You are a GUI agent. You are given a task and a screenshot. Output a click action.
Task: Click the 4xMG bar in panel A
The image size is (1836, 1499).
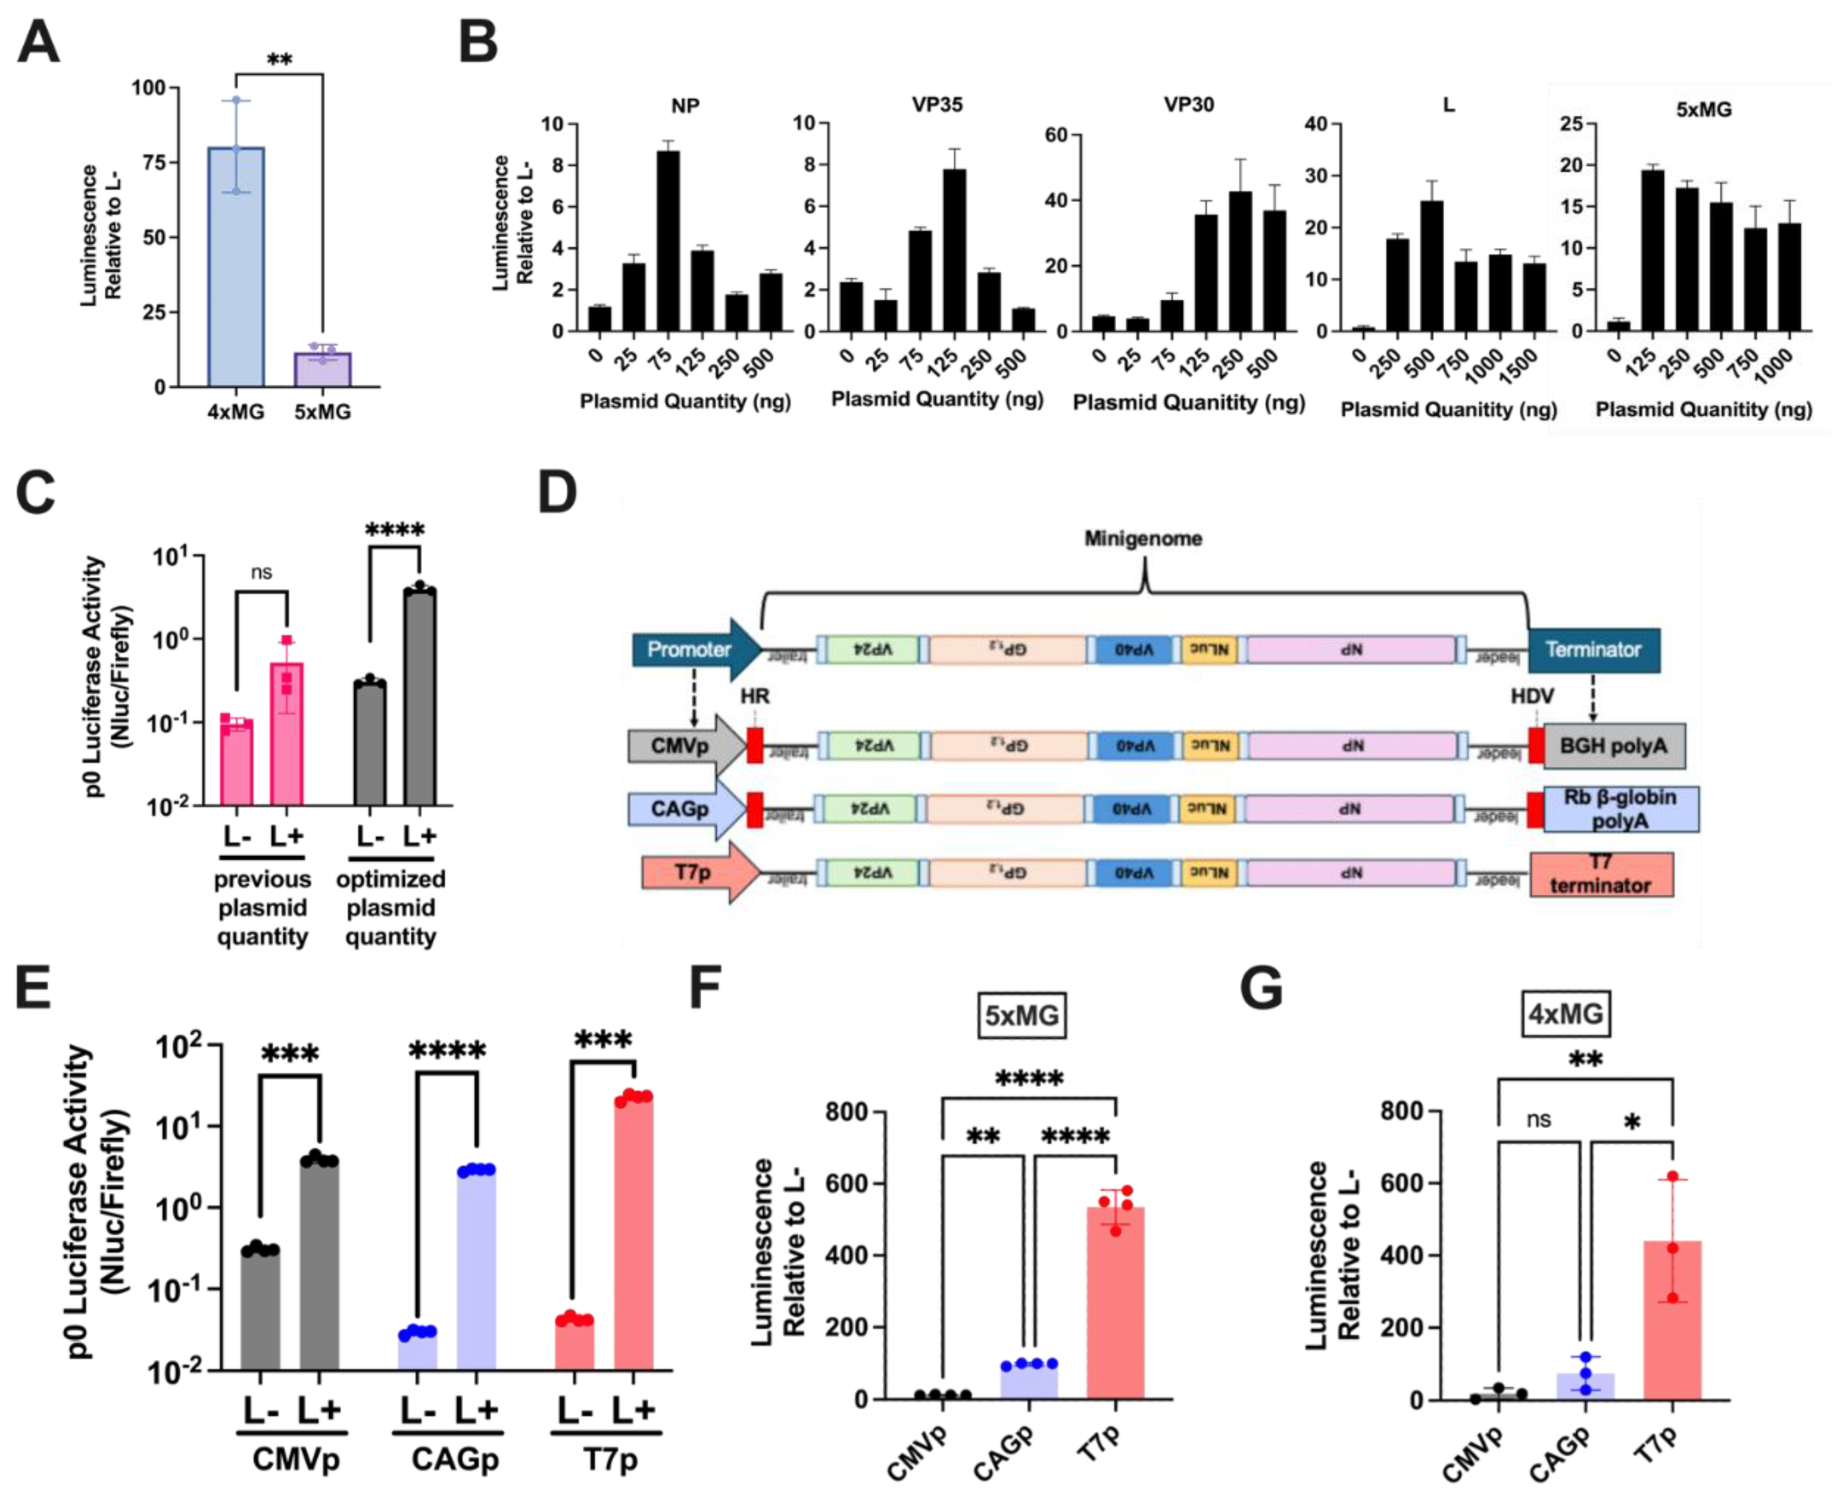(236, 268)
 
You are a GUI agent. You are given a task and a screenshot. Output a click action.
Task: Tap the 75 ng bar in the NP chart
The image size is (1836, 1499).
(668, 242)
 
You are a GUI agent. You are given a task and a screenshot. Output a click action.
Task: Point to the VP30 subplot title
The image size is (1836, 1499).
(1188, 105)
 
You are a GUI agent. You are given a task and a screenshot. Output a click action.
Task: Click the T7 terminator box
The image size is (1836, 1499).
(1601, 874)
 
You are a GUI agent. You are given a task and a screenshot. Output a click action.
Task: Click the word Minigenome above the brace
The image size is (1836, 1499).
(1143, 539)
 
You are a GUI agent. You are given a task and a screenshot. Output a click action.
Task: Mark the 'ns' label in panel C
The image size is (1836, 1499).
(261, 572)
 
